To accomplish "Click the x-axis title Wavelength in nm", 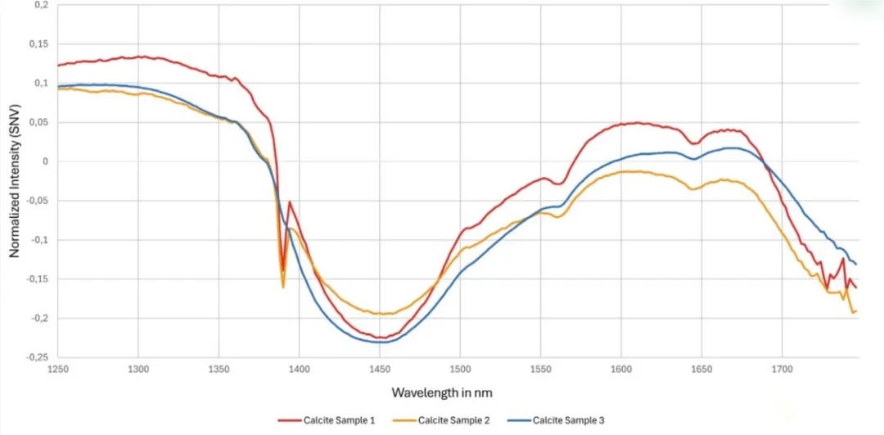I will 442,393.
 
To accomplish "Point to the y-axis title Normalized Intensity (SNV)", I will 14,181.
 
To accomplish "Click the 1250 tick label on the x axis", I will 58,369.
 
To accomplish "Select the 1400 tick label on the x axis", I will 299,369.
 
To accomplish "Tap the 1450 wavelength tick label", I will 379,369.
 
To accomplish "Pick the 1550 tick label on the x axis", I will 540,369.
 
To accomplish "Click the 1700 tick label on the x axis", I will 782,369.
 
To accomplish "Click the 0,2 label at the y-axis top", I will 40,5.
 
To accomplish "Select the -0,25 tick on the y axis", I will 35,357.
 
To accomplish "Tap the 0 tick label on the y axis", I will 46,161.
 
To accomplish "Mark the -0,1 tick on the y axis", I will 38,240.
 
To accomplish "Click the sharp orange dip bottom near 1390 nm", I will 283,287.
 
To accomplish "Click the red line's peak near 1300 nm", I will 141,57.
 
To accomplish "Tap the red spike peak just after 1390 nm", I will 290,202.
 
